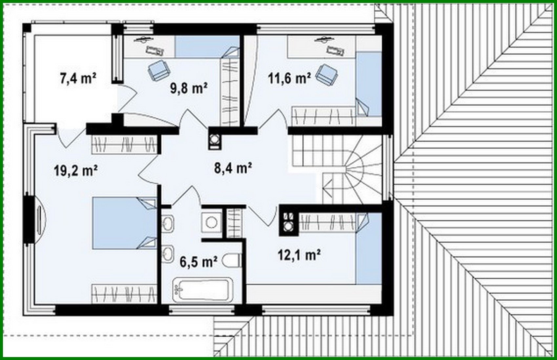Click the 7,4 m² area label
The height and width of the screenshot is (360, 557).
[78, 79]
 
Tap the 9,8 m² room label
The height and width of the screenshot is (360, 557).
[188, 88]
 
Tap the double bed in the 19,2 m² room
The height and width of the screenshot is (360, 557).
[124, 223]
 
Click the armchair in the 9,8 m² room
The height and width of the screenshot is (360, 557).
[159, 70]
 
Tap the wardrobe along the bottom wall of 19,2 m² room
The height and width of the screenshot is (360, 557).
[124, 293]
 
